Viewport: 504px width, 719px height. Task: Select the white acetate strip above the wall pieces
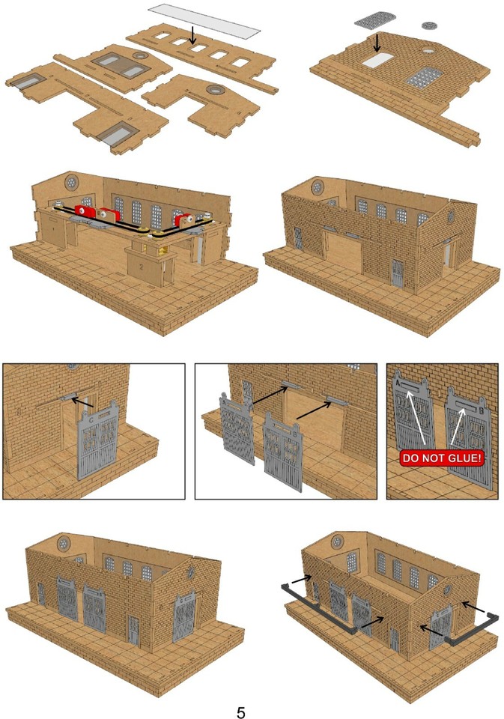click(x=204, y=19)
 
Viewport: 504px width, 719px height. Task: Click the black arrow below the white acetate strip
click(x=193, y=34)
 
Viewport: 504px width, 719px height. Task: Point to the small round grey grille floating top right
click(x=430, y=25)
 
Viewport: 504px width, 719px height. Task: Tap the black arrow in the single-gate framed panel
click(x=82, y=403)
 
